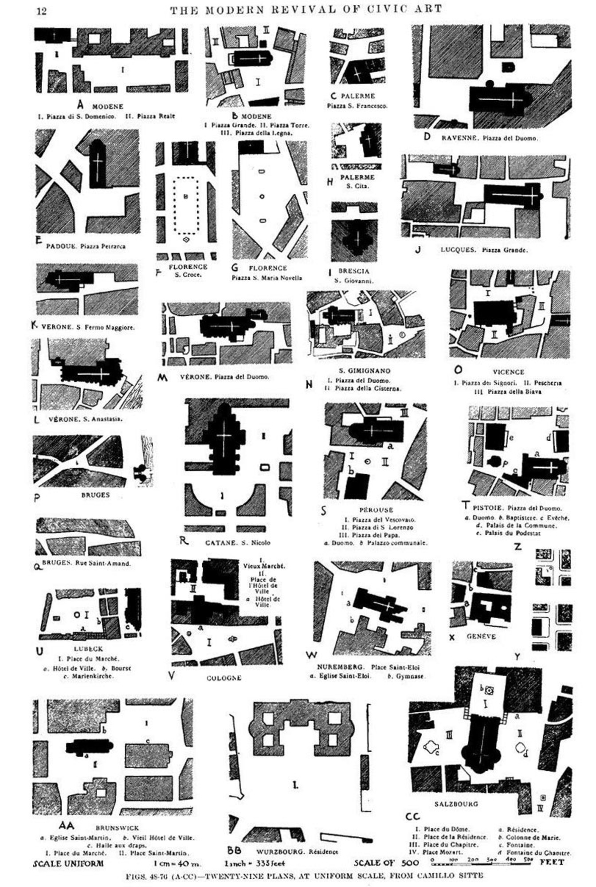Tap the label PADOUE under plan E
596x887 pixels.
(x=62, y=246)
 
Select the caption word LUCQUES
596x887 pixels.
(x=458, y=250)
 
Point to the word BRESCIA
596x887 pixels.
(x=353, y=271)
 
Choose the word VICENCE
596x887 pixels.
(x=508, y=372)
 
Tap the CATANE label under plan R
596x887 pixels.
(x=220, y=542)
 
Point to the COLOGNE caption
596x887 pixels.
(x=224, y=678)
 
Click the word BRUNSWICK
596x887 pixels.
(x=117, y=828)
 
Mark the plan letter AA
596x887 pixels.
(x=67, y=825)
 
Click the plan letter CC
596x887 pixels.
(x=412, y=816)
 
